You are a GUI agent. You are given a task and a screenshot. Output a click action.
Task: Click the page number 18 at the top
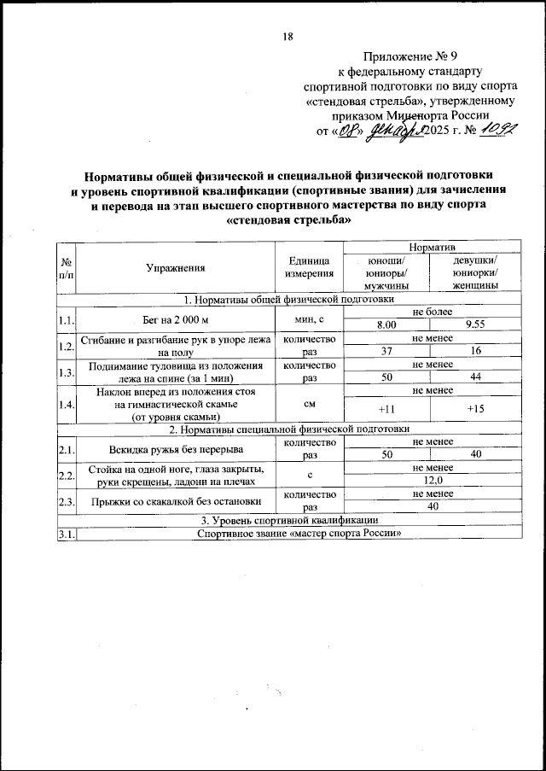[288, 35]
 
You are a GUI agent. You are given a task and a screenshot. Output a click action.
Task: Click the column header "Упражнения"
[176, 268]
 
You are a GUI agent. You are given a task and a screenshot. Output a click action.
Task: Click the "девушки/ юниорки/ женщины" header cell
[476, 273]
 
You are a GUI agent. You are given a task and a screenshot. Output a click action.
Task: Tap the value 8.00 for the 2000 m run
[386, 325]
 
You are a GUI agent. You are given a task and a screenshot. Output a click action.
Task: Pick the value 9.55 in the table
[476, 325]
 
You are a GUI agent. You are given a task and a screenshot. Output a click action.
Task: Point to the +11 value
[386, 409]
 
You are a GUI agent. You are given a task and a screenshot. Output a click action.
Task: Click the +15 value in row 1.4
[476, 409]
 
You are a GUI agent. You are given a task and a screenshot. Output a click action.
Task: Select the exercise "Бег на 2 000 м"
[176, 319]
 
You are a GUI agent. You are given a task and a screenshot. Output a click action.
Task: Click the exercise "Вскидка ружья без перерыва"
[176, 449]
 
